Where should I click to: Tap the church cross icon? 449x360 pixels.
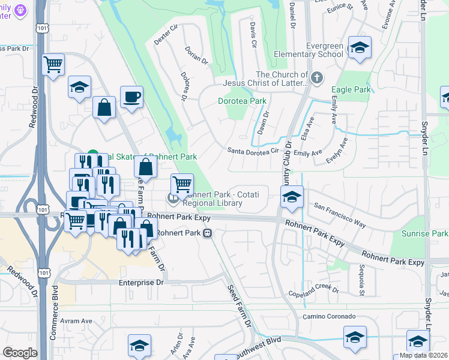317,77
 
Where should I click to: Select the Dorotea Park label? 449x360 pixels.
241,101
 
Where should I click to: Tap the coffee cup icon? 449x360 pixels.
131,96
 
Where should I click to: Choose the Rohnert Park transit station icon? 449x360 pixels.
207,233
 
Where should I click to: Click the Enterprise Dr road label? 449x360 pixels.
141,282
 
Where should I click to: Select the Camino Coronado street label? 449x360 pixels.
328,316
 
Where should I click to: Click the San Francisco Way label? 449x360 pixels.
340,215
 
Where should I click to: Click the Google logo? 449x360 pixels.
20,353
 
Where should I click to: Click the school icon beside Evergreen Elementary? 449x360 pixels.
360,47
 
